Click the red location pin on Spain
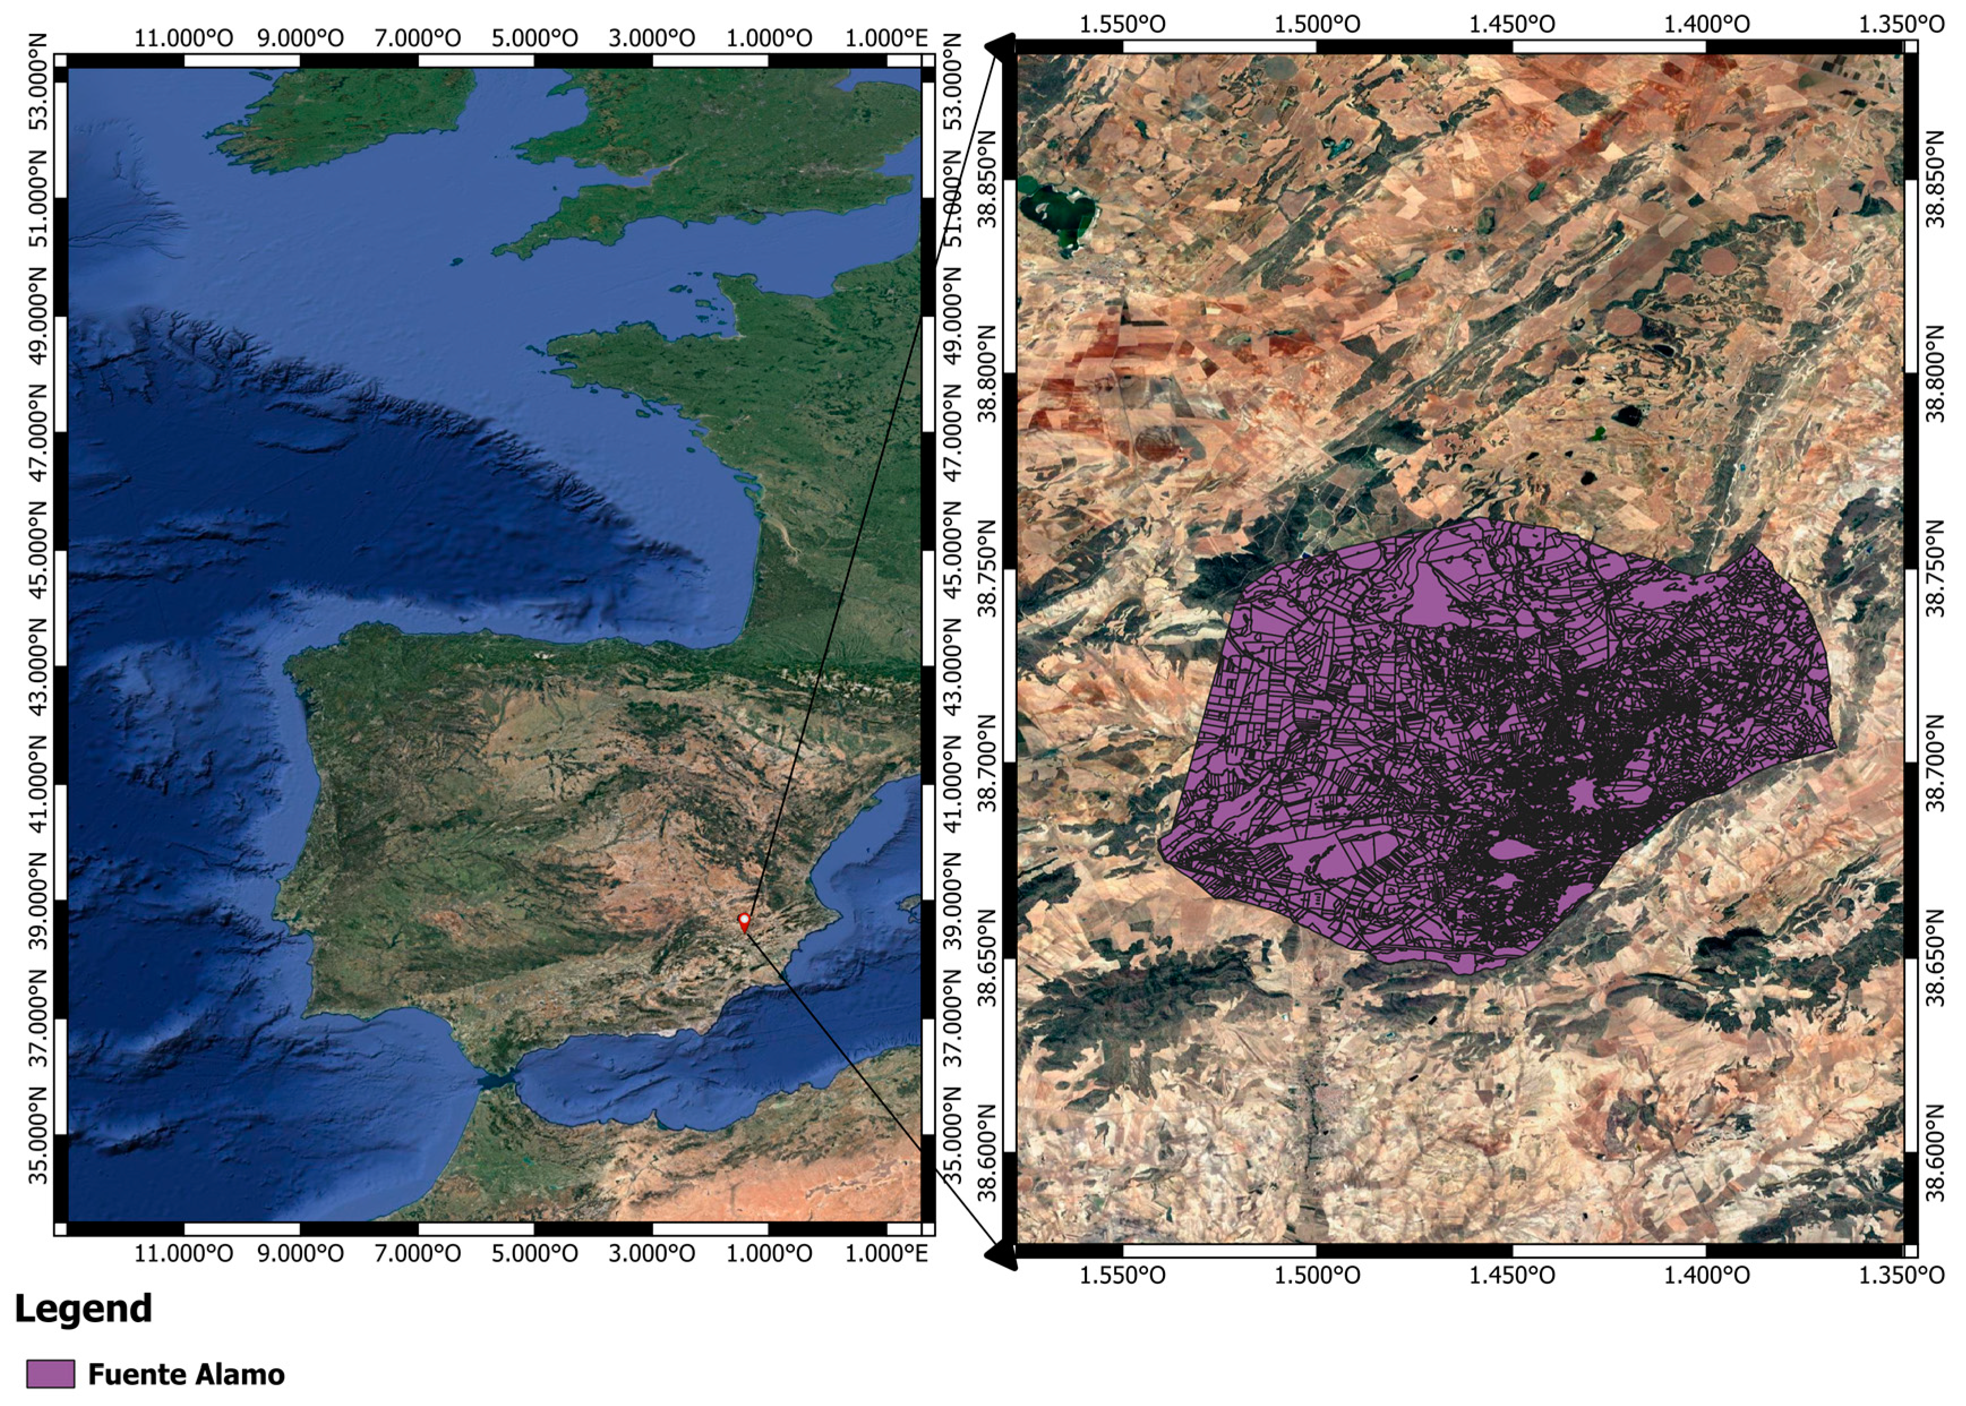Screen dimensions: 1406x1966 point(744,920)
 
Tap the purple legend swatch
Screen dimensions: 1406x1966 point(50,1374)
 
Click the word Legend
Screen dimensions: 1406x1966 point(83,1308)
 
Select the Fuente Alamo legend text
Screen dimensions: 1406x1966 point(186,1375)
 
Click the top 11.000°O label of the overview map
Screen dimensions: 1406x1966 point(183,38)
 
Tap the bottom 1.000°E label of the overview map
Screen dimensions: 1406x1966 point(885,1253)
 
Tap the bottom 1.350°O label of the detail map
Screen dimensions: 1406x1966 point(1901,1275)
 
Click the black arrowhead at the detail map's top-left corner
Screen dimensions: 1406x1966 point(1004,48)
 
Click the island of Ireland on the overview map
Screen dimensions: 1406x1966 point(346,113)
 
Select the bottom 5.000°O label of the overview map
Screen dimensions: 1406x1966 point(534,1253)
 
